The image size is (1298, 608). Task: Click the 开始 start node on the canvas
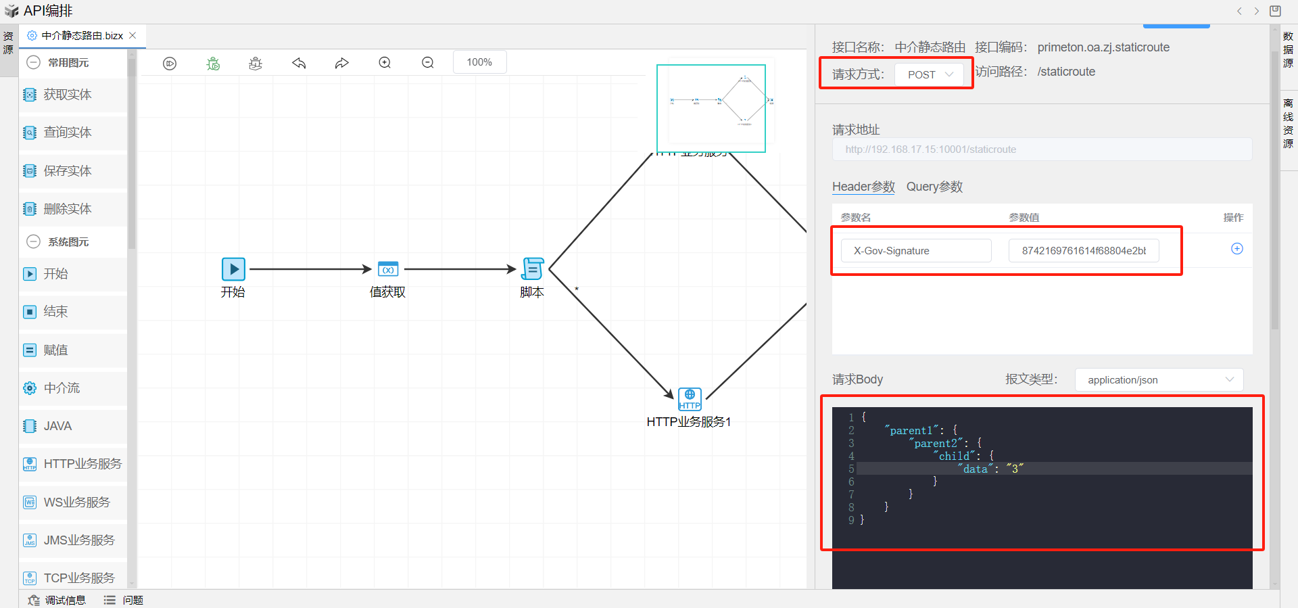point(233,269)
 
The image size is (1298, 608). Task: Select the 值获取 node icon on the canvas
point(388,269)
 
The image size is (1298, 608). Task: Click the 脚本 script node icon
point(533,269)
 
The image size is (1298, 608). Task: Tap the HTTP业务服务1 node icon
point(690,399)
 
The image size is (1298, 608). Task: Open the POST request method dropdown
point(930,74)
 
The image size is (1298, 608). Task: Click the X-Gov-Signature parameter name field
point(915,251)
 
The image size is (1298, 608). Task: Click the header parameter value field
point(1083,251)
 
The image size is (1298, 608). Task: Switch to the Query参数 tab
point(934,187)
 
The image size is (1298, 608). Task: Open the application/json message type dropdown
point(1159,380)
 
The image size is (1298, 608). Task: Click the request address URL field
point(1041,149)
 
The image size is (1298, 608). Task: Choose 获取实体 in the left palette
point(67,95)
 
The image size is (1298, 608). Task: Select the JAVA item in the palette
point(57,426)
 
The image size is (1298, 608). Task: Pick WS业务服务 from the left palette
point(76,502)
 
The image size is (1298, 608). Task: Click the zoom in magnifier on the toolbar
point(385,62)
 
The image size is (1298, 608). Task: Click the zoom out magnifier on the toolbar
point(428,62)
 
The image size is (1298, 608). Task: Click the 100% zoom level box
point(479,62)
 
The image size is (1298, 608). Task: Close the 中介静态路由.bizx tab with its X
point(133,35)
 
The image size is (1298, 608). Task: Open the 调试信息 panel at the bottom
point(58,600)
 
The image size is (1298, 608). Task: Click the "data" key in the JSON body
point(976,469)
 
